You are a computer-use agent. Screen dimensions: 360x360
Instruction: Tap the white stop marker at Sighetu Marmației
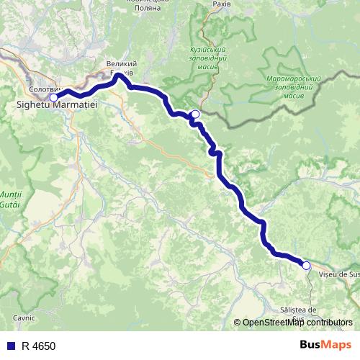(x=53, y=96)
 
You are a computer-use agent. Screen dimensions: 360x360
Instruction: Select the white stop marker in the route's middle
(x=195, y=114)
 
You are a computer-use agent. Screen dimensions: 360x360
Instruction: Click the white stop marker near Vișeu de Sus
(x=306, y=266)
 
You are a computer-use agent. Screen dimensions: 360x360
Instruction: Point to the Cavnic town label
(x=24, y=317)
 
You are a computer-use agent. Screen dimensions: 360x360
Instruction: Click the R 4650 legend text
(x=37, y=346)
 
